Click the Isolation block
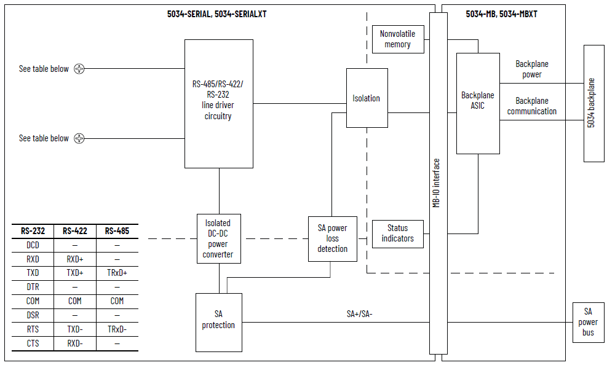tap(367, 98)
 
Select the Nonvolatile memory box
tap(397, 39)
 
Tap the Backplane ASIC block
tap(477, 103)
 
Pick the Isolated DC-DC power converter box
tap(218, 238)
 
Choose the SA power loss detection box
tap(332, 238)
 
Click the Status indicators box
tap(397, 234)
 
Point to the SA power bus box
tap(588, 322)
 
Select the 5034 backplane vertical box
tap(593, 103)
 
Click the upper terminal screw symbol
tap(79, 69)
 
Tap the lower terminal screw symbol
tap(79, 139)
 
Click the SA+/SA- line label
tap(359, 315)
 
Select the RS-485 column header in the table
tap(117, 232)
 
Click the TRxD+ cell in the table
tap(117, 273)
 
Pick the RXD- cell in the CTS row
tap(74, 343)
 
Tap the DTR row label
tap(33, 287)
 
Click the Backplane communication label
tap(531, 106)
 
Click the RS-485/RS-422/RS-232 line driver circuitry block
tap(218, 103)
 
